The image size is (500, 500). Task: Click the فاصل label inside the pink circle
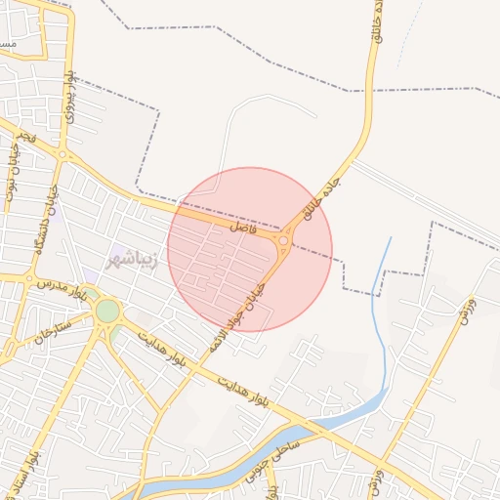click(x=243, y=227)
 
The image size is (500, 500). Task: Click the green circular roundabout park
click(x=107, y=312)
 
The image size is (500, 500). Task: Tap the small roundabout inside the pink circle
click(x=284, y=239)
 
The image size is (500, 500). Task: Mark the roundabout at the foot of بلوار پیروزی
click(x=62, y=154)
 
